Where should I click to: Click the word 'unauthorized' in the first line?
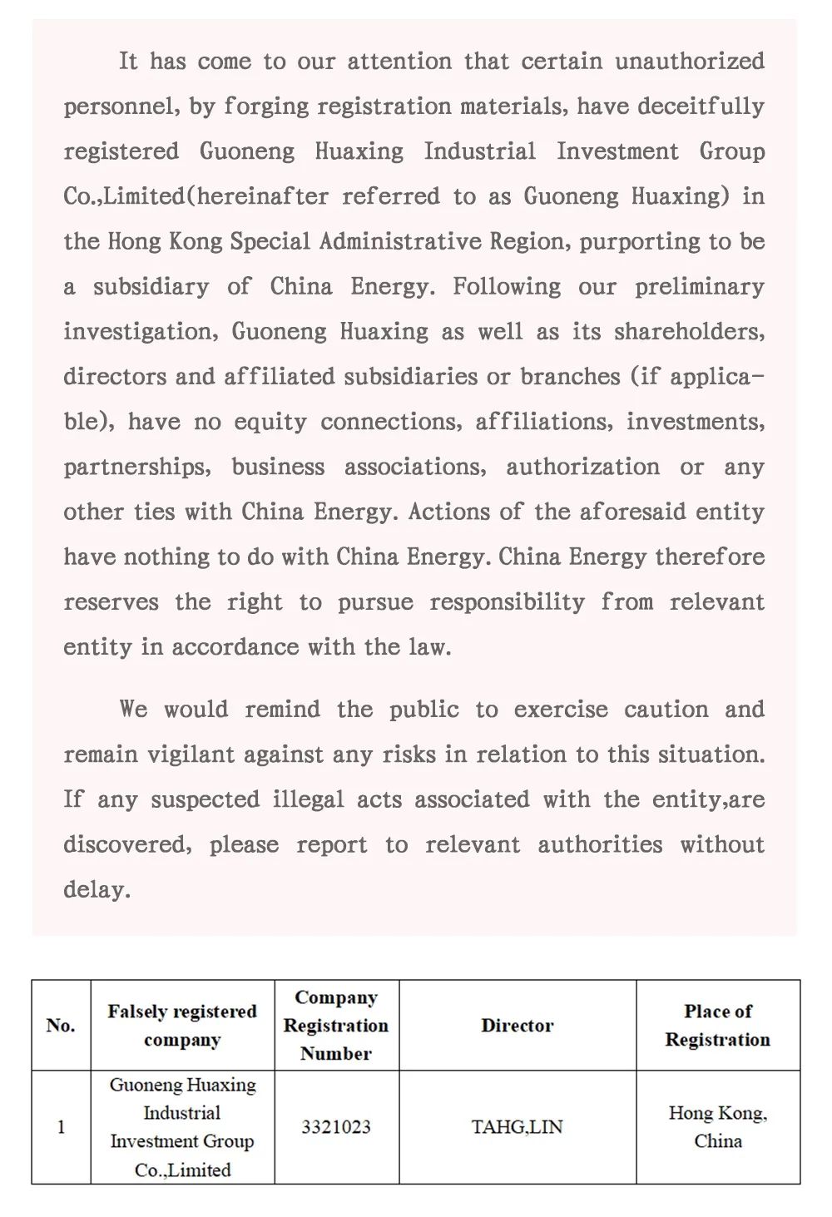[690, 62]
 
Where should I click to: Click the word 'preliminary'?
[699, 287]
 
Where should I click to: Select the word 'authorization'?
[582, 467]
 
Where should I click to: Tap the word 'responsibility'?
[507, 601]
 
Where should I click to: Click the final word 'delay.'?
[97, 889]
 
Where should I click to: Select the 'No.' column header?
[61, 1025]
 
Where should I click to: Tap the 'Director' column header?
[517, 1025]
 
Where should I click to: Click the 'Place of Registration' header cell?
[717, 1025]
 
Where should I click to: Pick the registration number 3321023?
[336, 1127]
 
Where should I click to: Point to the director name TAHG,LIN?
[517, 1127]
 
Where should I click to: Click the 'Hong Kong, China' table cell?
[717, 1127]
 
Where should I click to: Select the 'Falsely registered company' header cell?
[182, 1025]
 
